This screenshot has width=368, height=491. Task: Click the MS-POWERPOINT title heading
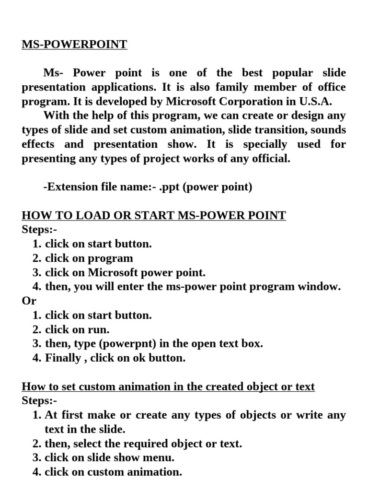[x=74, y=45]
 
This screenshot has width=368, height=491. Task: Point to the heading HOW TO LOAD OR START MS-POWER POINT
[x=154, y=216]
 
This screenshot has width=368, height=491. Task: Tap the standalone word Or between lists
[x=29, y=301]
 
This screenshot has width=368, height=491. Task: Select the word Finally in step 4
[x=63, y=358]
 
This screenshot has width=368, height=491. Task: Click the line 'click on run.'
[x=77, y=329]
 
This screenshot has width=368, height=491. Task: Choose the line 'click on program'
[x=89, y=258]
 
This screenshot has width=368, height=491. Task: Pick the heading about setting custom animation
[x=168, y=387]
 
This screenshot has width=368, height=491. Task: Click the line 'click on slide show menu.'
[x=109, y=457]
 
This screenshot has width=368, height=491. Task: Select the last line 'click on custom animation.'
[x=113, y=472]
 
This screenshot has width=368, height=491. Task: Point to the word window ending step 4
[x=322, y=287]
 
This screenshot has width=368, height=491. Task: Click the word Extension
[x=70, y=187]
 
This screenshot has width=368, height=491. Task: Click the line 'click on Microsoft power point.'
[x=125, y=272]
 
